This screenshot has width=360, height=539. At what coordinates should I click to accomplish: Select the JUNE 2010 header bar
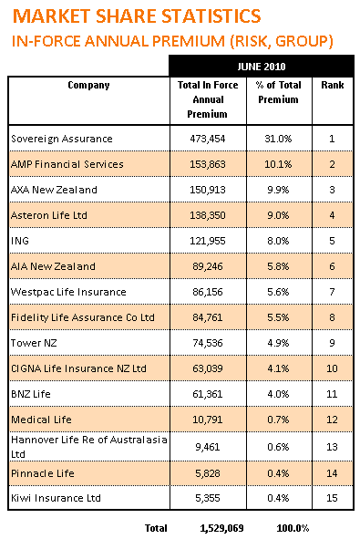point(262,66)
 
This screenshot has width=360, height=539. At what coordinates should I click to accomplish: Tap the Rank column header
point(332,85)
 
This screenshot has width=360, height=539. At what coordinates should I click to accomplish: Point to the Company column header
point(88,85)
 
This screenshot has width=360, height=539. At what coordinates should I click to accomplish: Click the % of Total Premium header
point(278,92)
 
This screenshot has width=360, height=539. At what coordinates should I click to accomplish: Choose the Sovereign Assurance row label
point(62,139)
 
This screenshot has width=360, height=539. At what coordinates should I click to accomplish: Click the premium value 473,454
point(208,139)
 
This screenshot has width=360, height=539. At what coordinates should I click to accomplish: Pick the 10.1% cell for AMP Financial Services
point(278,164)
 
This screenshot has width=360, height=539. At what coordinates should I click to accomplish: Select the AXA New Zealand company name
point(54,190)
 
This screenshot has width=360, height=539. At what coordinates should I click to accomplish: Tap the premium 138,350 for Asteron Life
point(208,215)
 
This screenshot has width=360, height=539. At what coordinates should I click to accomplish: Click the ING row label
point(20,241)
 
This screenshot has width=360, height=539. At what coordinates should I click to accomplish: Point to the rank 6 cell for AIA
point(332,266)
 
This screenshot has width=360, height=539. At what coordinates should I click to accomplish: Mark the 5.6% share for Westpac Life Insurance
point(278,292)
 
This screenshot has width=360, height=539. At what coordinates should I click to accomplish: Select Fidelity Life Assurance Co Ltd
point(83,317)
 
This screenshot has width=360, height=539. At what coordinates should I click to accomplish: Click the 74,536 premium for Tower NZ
point(208,343)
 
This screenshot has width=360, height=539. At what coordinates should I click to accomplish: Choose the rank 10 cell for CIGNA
point(332,368)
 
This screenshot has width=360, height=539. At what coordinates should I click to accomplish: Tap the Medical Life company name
point(41,420)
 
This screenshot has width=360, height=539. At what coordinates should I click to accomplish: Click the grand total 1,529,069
point(221,528)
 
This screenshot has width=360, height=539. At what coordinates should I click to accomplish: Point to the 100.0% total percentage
point(293,528)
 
